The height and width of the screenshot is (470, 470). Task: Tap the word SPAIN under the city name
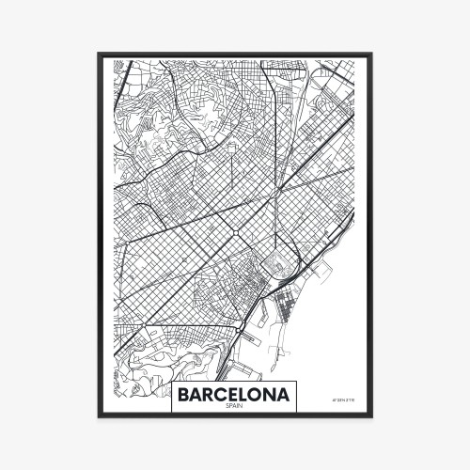(234, 406)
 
